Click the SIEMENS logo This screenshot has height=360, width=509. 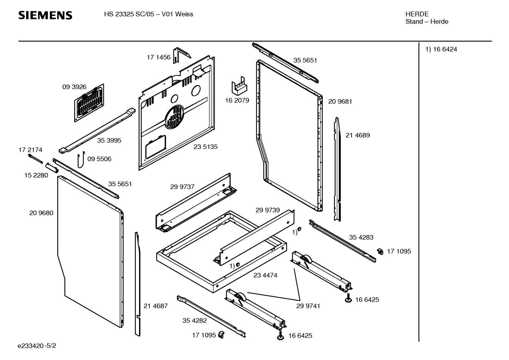point(45,15)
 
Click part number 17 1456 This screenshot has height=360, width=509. point(158,57)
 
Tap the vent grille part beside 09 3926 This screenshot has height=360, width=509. point(89,103)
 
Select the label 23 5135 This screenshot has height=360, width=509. point(205,147)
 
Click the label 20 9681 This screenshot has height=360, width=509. point(340,101)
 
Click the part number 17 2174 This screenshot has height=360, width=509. point(30,150)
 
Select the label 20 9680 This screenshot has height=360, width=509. point(41,213)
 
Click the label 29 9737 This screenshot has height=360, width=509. point(182,187)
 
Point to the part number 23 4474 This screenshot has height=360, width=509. point(265,275)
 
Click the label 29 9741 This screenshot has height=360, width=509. point(308,306)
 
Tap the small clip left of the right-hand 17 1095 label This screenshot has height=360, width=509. point(380,251)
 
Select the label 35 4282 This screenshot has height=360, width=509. point(194,321)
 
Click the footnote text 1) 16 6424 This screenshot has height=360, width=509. point(441,49)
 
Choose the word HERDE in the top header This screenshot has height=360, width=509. point(417,14)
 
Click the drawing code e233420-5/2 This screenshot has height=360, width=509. point(37,346)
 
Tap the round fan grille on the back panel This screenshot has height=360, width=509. point(174,117)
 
